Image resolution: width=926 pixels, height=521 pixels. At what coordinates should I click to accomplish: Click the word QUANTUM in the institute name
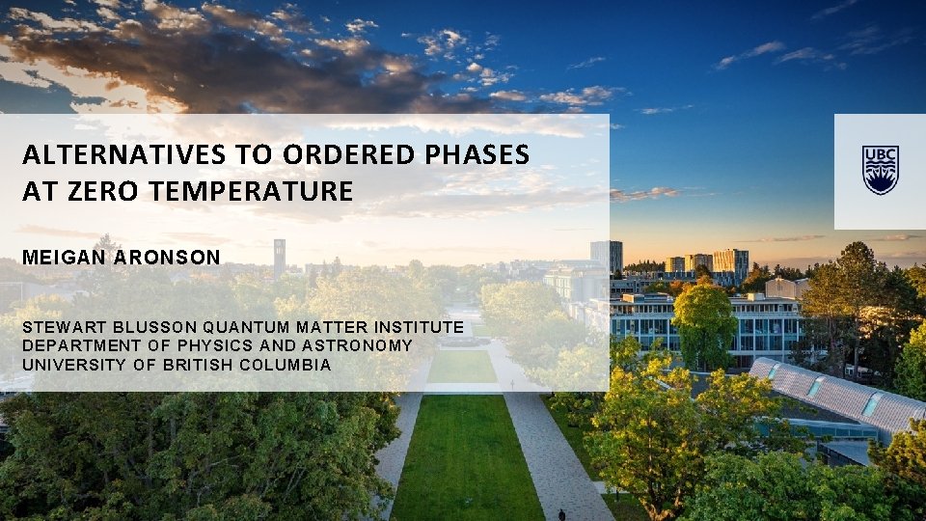coord(250,328)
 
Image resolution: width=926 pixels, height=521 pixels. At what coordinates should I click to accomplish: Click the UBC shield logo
coord(880,170)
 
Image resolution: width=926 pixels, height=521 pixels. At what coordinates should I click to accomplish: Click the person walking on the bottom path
coord(561,514)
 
